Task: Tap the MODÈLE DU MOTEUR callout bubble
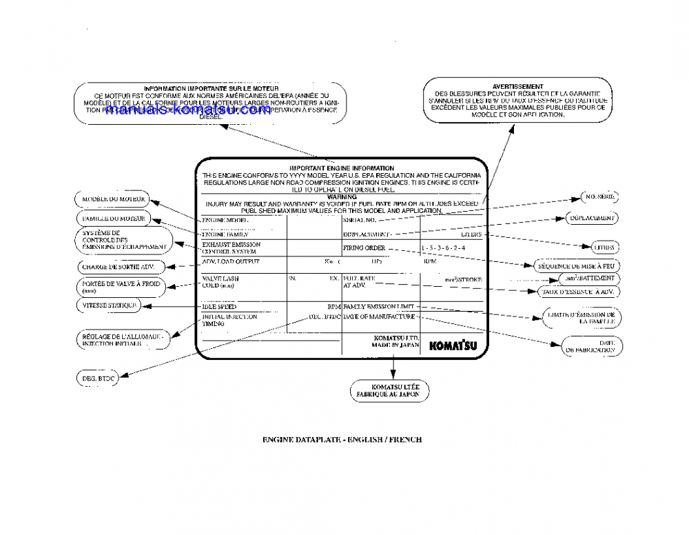[111, 199]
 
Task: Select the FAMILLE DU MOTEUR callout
[111, 219]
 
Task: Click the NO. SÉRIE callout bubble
[599, 197]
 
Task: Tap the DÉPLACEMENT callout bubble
[592, 218]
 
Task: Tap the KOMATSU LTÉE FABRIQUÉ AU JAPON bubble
[391, 391]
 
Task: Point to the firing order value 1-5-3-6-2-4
[444, 248]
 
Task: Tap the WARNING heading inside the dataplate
[342, 196]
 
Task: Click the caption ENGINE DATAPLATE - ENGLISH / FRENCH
[342, 438]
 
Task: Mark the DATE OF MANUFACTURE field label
[379, 316]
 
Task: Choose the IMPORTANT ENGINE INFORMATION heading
[342, 168]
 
